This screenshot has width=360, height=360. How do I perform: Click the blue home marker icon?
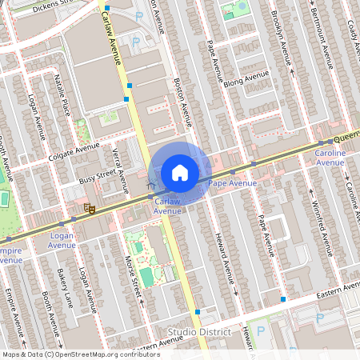180,173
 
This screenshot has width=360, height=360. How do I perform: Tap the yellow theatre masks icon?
90,209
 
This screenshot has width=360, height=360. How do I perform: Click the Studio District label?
199,331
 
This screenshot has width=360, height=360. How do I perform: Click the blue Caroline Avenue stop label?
330,158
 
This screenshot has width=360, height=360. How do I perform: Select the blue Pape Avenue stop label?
232,184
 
